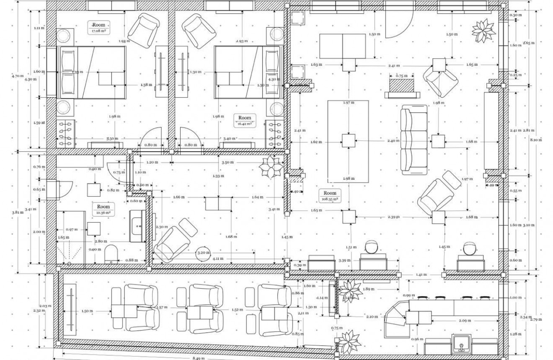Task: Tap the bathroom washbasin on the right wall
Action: [x=137, y=226]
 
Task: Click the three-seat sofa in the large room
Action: [x=414, y=139]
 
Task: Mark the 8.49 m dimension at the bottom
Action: [x=199, y=358]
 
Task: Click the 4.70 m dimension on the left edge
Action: [x=18, y=76]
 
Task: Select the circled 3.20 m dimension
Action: [x=204, y=253]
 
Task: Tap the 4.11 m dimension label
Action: [x=217, y=259]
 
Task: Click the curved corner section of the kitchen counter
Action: [x=394, y=317]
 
